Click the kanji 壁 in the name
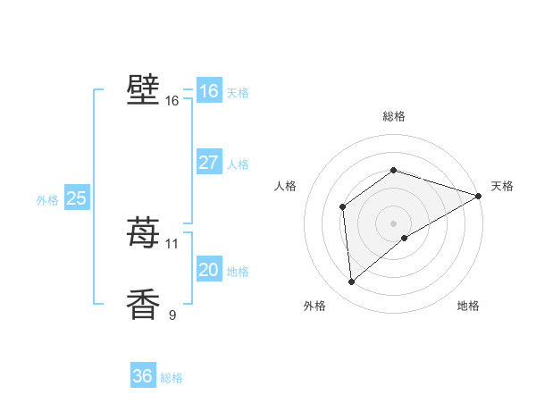(x=144, y=90)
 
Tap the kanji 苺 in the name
(x=144, y=232)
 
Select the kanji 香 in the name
(x=144, y=304)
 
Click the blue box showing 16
(x=208, y=91)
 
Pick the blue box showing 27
(x=208, y=163)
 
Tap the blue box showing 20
(x=208, y=270)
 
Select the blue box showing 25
(x=76, y=198)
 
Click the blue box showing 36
(x=143, y=376)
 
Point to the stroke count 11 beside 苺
(x=172, y=243)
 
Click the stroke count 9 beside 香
(x=172, y=315)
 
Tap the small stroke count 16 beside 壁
(x=172, y=101)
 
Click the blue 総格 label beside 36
(x=172, y=378)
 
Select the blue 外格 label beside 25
(x=47, y=200)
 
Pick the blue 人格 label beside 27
(x=238, y=164)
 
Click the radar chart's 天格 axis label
(x=502, y=186)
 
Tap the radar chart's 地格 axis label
(x=468, y=306)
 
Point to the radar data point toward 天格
(x=478, y=196)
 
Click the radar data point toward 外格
(x=352, y=282)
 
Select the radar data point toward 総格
(x=393, y=171)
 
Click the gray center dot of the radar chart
(x=393, y=223)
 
